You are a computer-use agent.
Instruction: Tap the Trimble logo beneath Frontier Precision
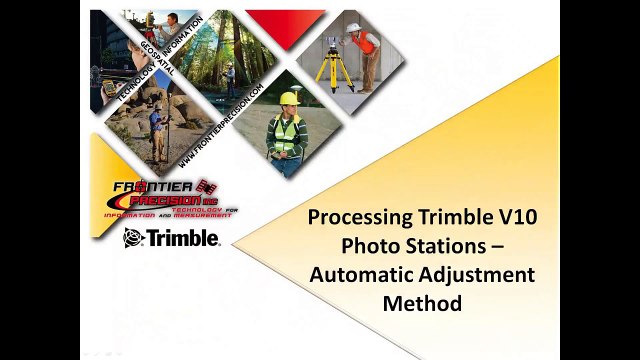pos(171,238)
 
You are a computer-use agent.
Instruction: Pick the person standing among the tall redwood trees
pos(229,75)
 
